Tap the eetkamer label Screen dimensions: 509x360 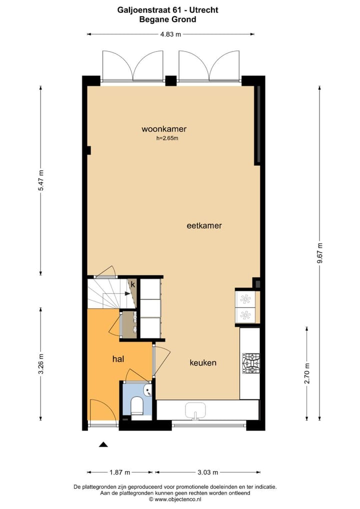[x=204, y=225]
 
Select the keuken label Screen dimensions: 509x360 [x=203, y=362]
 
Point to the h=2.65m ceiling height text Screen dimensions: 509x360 [x=167, y=138]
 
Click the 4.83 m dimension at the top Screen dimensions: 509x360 [x=170, y=34]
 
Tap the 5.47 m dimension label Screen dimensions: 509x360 [x=41, y=180]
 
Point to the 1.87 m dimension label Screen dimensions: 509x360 [x=120, y=472]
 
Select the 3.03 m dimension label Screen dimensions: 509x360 [x=207, y=472]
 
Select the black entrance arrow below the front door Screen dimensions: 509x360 [x=103, y=444]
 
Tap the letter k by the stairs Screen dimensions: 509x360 [x=133, y=284]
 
